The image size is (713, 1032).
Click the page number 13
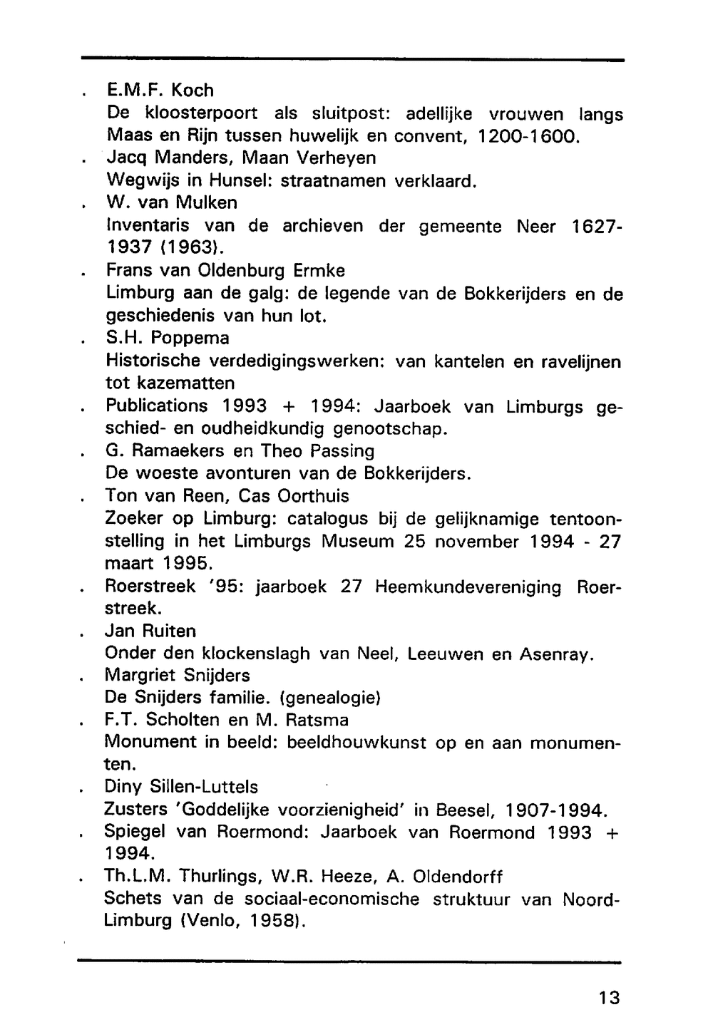point(610,998)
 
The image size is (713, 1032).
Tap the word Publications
point(157,406)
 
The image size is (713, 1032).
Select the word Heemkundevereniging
point(468,587)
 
